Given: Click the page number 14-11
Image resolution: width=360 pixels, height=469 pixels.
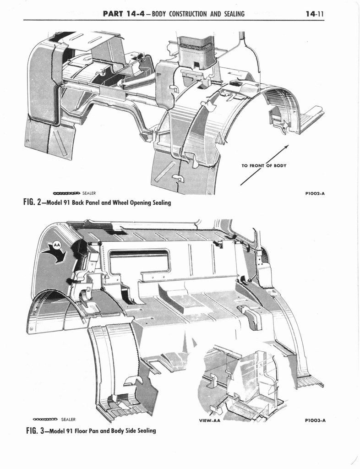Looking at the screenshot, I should click(x=314, y=13).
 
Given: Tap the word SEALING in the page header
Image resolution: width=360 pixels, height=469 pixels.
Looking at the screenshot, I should click(x=231, y=13).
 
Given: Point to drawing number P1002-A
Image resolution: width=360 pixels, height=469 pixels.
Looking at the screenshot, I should click(x=315, y=193).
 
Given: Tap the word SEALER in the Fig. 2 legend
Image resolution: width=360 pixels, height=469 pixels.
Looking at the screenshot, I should click(x=89, y=193).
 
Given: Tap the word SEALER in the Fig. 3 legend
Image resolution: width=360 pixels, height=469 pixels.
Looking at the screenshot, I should click(x=68, y=419).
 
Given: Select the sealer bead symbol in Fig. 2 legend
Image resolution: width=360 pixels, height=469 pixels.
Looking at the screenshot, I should click(x=66, y=193).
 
